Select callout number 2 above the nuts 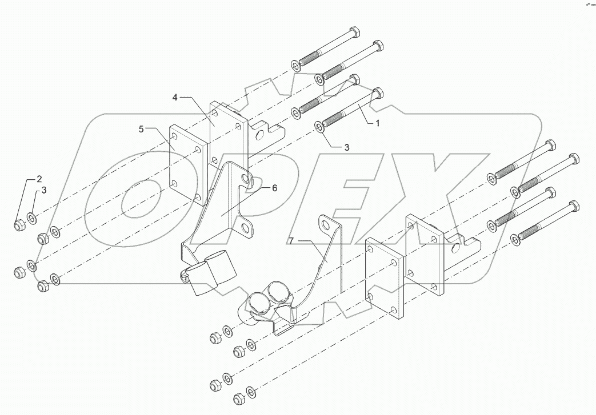pos(39,179)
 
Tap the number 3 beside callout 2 pos(43,190)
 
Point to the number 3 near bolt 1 pos(346,147)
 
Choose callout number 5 pos(141,130)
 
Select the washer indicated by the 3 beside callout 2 pos(31,217)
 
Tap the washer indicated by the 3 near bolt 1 pos(319,126)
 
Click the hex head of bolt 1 pos(377,94)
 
